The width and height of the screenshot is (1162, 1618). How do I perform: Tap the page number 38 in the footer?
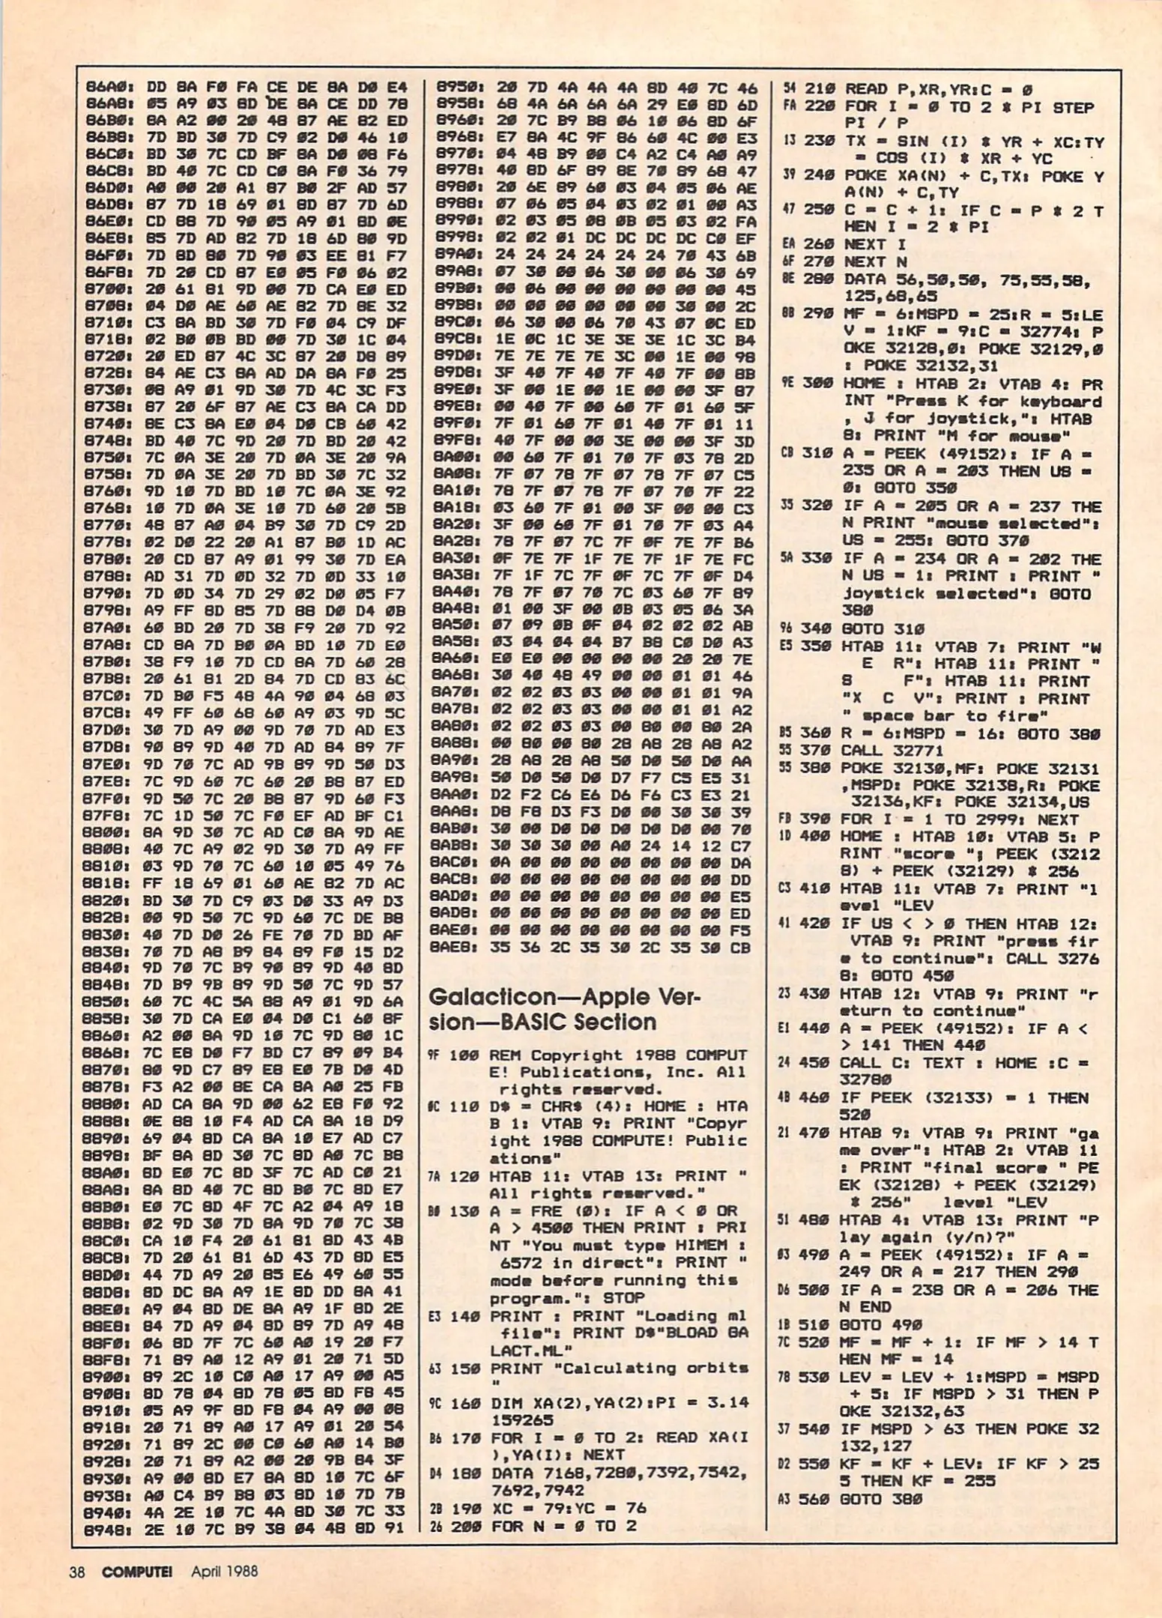(77, 1571)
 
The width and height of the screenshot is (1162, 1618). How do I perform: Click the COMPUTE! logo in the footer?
(137, 1571)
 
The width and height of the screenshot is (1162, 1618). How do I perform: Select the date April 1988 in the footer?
(224, 1571)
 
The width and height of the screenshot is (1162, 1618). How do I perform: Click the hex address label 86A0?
(109, 88)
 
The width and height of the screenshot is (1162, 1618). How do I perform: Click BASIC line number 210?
(820, 88)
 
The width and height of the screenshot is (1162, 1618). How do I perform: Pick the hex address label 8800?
(109, 832)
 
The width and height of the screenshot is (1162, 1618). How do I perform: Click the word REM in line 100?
(505, 1055)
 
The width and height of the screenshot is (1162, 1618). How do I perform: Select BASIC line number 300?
(820, 384)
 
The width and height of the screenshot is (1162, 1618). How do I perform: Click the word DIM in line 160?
(506, 1402)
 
